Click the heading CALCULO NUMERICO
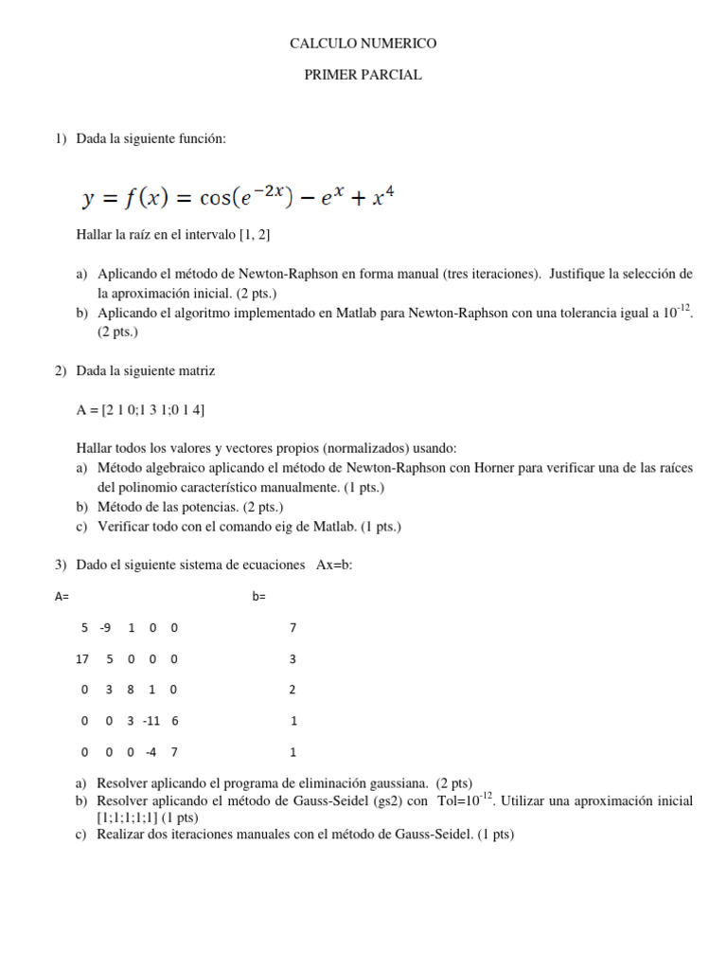point(363,44)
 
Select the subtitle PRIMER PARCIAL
point(363,76)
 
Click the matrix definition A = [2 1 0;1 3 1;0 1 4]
point(140,410)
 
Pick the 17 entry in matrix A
point(81,659)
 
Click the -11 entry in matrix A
point(151,721)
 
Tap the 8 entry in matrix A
point(130,690)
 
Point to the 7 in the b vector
point(293,628)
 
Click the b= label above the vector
point(259,597)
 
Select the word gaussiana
point(399,783)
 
